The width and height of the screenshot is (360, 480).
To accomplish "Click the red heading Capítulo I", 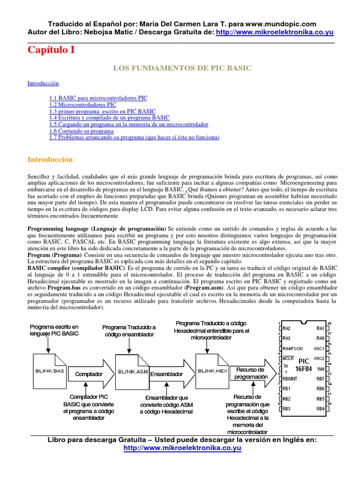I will click(51, 50).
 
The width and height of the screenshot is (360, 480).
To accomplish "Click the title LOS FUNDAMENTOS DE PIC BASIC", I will click(182, 68).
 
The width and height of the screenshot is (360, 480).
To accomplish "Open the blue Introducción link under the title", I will click(43, 83).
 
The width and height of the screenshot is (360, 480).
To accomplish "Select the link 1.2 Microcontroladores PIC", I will click(82, 105).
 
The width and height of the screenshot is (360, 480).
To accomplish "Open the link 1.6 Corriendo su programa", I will click(82, 131).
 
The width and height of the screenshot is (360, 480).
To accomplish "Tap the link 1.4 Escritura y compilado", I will click(109, 118).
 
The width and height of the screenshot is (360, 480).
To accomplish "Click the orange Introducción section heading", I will click(50, 159).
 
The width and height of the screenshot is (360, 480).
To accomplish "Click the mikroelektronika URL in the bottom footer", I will click(182, 448).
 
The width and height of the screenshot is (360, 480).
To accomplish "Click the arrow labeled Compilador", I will click(89, 374).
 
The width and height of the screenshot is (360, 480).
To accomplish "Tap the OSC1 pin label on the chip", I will click(319, 348).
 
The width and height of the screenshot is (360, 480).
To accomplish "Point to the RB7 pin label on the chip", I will click(320, 378).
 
